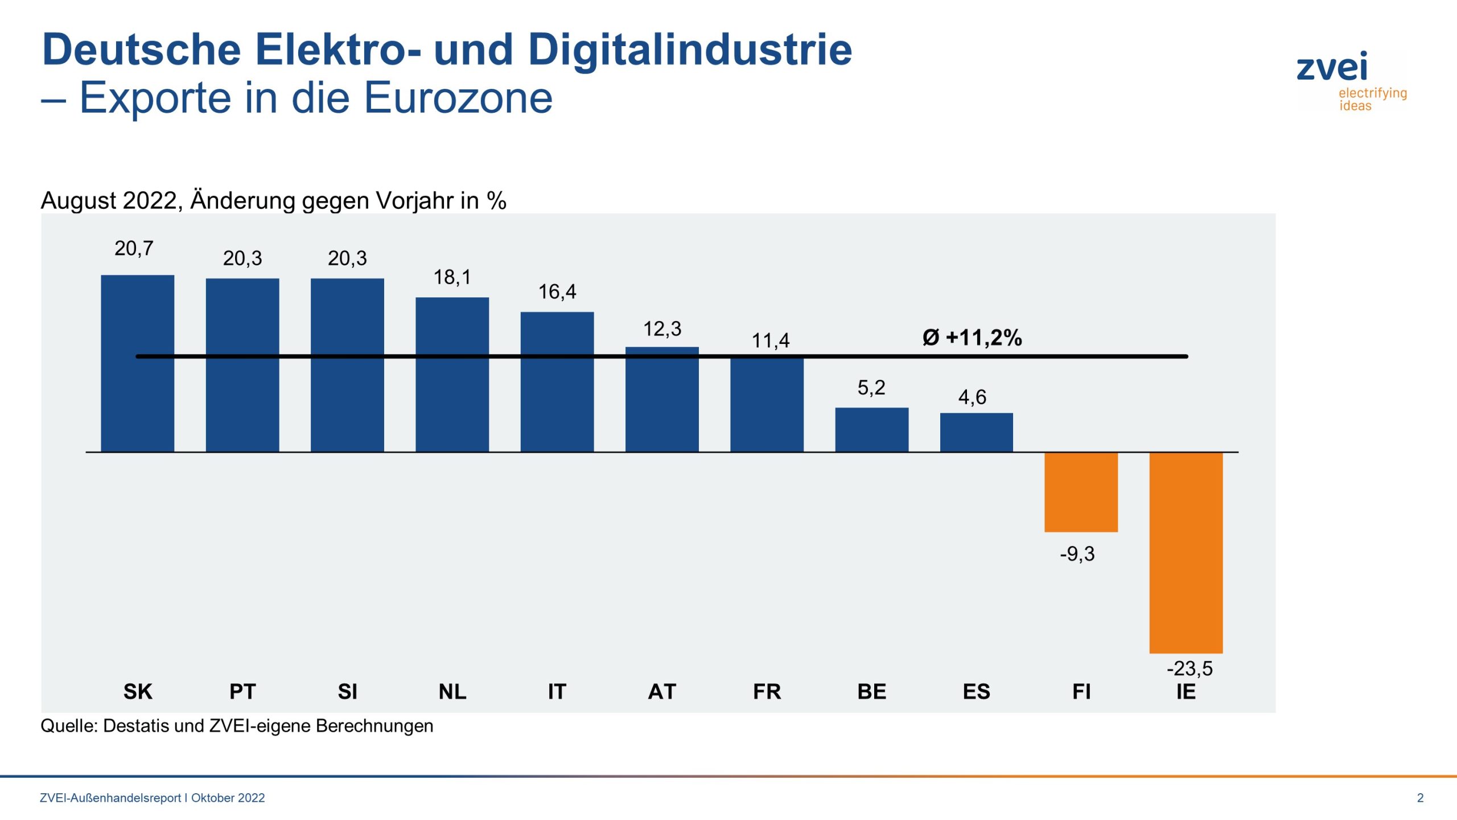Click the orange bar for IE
(x=1186, y=552)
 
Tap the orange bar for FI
(x=1081, y=492)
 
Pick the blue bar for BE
(x=871, y=429)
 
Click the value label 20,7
(x=134, y=249)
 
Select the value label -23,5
(x=1190, y=668)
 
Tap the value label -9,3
(x=1077, y=553)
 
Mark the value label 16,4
(x=557, y=292)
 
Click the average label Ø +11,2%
(x=972, y=338)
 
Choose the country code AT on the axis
(x=662, y=692)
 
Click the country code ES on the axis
(x=976, y=692)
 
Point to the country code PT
(x=242, y=692)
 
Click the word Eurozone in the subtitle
(x=458, y=98)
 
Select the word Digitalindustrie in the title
(x=690, y=50)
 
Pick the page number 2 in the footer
(x=1420, y=798)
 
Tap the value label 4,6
(x=972, y=397)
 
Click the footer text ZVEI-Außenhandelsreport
(x=110, y=798)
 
